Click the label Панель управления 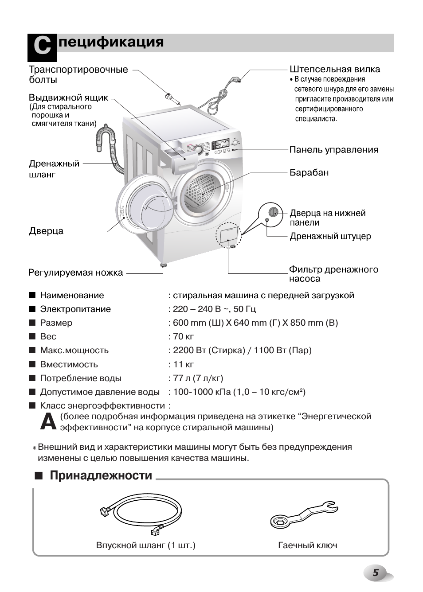click(333, 150)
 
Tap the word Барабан click(309, 172)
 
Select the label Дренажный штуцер click(330, 236)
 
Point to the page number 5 click(376, 573)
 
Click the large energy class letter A click(48, 422)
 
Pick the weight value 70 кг click(183, 336)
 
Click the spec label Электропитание click(75, 309)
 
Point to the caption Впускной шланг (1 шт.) click(145, 545)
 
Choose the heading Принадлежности click(101, 475)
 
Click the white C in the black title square click(42, 47)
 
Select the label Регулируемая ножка click(75, 273)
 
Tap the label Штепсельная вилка click(335, 69)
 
